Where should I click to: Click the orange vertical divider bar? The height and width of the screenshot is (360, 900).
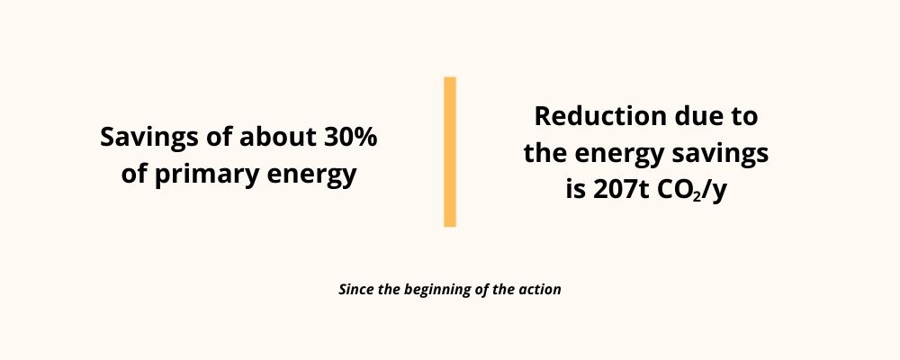[450, 151]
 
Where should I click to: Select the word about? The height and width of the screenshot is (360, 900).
[276, 137]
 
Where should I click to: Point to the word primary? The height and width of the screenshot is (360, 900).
[202, 175]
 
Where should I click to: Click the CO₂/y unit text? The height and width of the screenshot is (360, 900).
[688, 192]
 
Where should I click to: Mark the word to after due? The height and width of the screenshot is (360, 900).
[741, 117]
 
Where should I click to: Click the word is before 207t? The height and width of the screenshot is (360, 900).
[576, 191]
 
